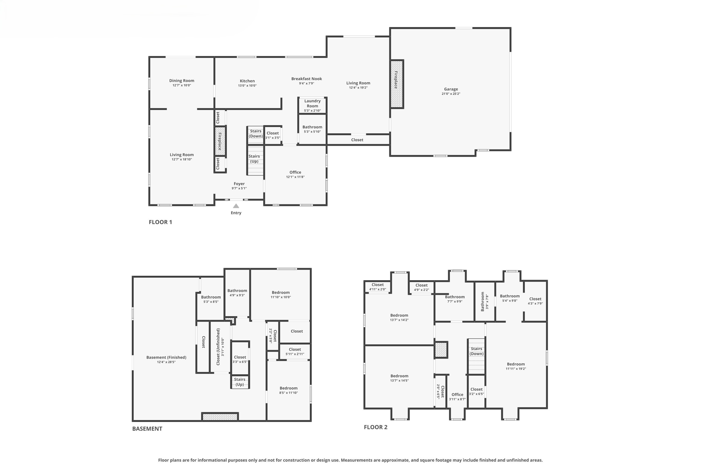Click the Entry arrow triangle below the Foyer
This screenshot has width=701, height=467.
pyautogui.click(x=236, y=206)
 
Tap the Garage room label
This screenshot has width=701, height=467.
pyautogui.click(x=451, y=89)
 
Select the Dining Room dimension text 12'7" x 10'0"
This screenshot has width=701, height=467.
pyautogui.click(x=181, y=86)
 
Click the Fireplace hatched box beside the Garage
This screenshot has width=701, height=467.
pyautogui.click(x=397, y=84)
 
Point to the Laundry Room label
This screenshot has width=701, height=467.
pyautogui.click(x=312, y=103)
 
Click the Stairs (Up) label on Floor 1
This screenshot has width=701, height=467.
pyautogui.click(x=254, y=159)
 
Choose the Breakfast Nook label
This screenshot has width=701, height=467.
pyautogui.click(x=306, y=79)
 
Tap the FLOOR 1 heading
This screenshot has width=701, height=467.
pyautogui.click(x=160, y=222)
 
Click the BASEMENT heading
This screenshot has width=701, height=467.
pyautogui.click(x=147, y=429)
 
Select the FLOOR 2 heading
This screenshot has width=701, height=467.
pyautogui.click(x=375, y=427)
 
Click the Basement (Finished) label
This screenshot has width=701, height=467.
pyautogui.click(x=166, y=357)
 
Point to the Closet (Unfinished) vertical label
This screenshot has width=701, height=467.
pyautogui.click(x=218, y=347)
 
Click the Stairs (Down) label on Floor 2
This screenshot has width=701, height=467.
pyautogui.click(x=476, y=351)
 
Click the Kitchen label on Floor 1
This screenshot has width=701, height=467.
pyautogui.click(x=247, y=81)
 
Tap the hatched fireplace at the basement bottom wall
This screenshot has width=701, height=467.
pyautogui.click(x=220, y=417)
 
